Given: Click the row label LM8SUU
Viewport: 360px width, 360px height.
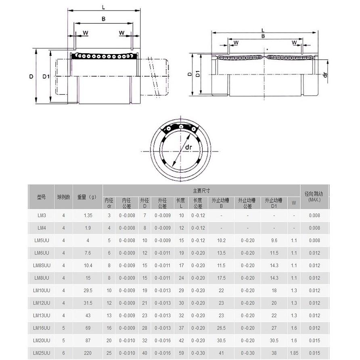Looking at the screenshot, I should coord(42,266).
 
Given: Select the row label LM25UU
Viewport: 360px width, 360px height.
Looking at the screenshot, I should coord(42,353).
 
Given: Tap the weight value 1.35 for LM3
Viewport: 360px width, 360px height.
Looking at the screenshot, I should coord(88,216).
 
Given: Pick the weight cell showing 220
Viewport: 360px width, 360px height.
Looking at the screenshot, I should coord(88,353).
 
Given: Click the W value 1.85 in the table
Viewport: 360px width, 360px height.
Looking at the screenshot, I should coord(294,353).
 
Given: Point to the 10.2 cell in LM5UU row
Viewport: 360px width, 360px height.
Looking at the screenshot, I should coord(221,241).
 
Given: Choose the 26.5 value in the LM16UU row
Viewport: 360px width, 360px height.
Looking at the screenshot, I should coord(221,328).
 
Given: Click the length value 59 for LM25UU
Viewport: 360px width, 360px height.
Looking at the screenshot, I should coord(181,353).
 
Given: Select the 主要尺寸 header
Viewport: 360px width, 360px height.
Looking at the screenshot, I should coord(201,190).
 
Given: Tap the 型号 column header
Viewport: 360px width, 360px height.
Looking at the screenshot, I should coord(42,197).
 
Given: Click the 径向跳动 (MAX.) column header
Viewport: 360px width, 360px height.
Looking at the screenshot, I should coord(314,197).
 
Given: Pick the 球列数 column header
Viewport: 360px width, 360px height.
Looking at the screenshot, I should coord(64,197).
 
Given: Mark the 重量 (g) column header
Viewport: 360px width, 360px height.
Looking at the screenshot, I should coord(88,197).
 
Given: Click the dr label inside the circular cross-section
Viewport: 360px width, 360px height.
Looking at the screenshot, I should coord(188,148).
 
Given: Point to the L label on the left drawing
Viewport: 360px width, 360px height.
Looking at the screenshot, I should coord(103,7).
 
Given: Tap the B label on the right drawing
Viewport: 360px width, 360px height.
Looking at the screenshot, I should coord(263,36).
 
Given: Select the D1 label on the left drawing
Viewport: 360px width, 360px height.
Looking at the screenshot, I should coord(46,76).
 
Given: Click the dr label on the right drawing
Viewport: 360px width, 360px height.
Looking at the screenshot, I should coord(325,75).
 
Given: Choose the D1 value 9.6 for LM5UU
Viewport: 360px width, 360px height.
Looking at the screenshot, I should coord(274,241).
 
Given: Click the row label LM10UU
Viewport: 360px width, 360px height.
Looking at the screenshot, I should coord(42,291).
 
